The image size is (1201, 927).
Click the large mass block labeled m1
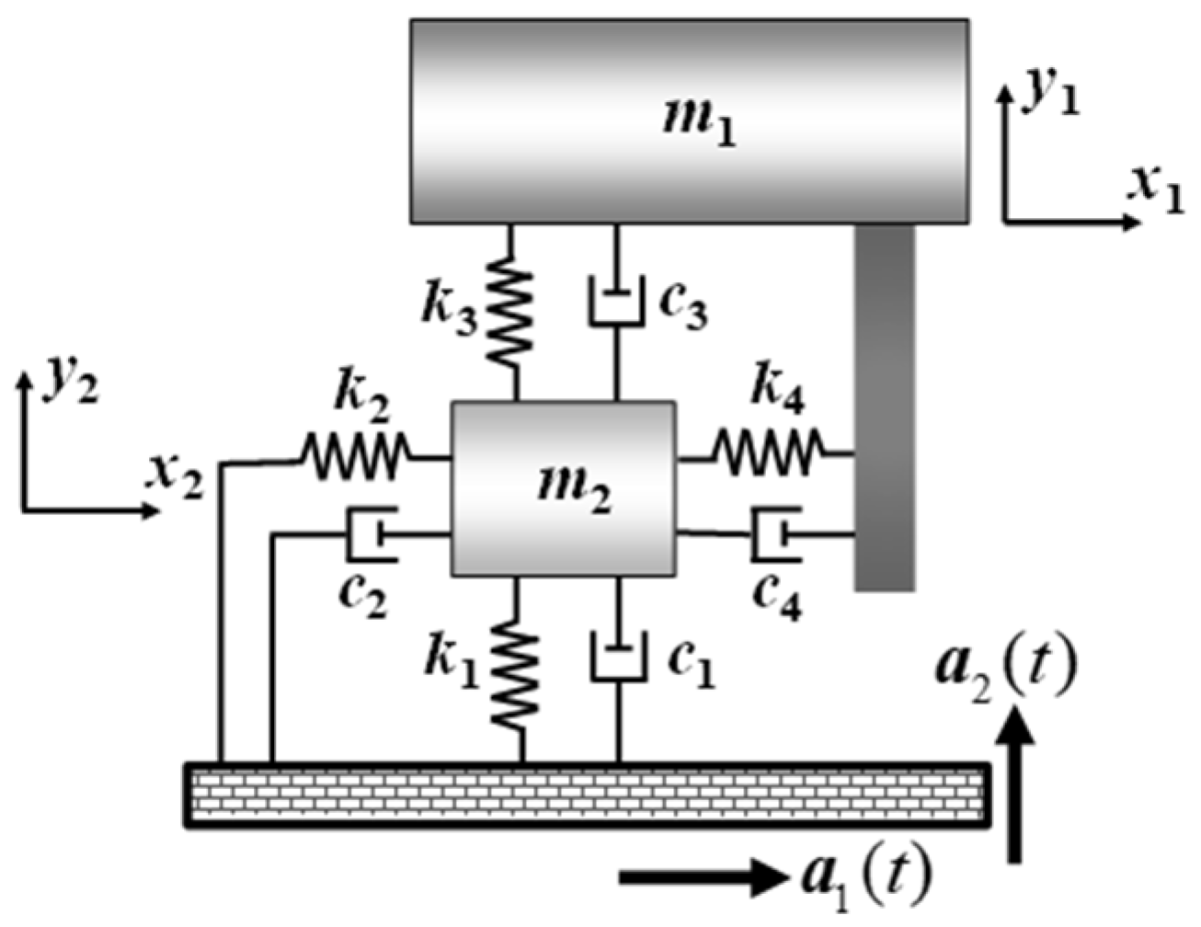pyautogui.click(x=689, y=120)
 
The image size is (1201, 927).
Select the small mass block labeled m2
pyautogui.click(x=563, y=488)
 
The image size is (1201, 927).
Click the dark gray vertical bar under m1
pyautogui.click(x=884, y=406)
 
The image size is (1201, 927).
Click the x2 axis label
pyautogui.click(x=175, y=477)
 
